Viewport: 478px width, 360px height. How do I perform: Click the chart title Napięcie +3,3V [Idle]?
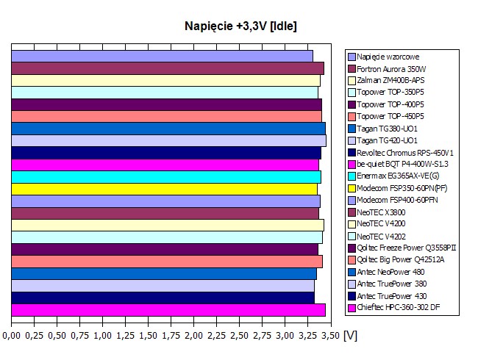(x=240, y=26)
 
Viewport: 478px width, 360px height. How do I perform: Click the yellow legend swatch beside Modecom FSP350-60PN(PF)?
(x=352, y=188)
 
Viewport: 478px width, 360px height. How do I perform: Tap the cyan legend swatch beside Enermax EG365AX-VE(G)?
(x=352, y=176)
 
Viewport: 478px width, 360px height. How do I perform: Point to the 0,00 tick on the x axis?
(x=12, y=336)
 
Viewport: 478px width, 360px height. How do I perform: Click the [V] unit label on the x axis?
(x=350, y=336)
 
